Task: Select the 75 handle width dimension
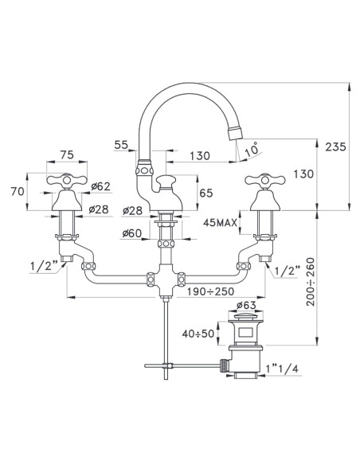(66, 156)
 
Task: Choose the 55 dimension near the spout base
(121, 146)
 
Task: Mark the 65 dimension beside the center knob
(205, 193)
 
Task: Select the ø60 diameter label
(133, 233)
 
